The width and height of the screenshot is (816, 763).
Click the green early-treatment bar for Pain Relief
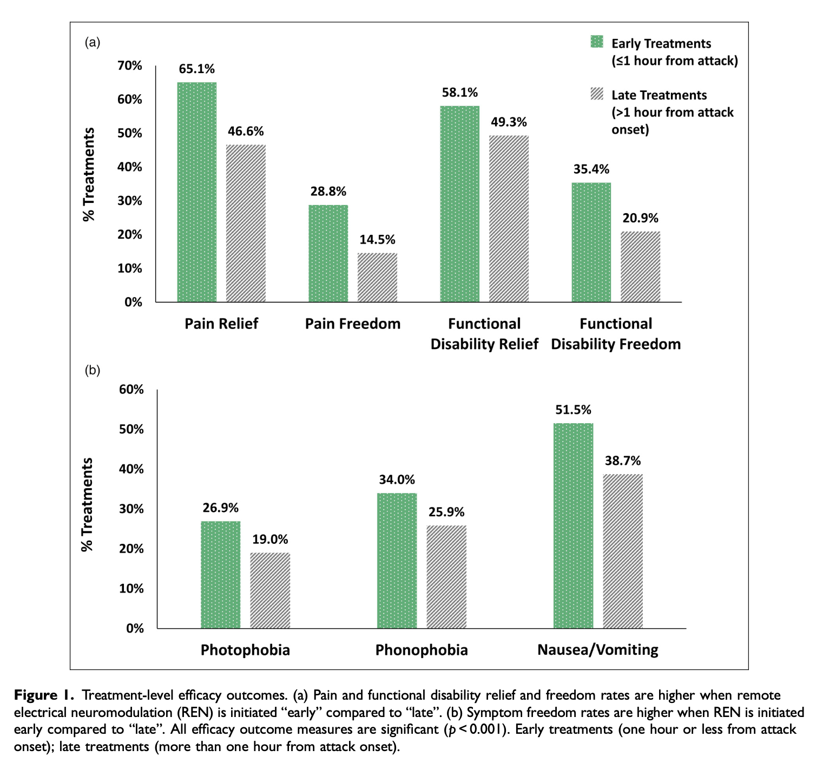click(197, 192)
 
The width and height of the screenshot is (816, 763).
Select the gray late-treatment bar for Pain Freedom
click(377, 277)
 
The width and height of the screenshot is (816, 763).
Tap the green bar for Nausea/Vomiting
click(573, 525)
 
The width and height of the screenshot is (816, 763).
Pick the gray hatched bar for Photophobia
click(270, 590)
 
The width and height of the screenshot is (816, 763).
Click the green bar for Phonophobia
click(397, 561)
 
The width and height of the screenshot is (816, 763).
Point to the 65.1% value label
click(197, 69)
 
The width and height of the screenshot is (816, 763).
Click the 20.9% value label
click(640, 218)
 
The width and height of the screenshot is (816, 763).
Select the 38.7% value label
click(623, 461)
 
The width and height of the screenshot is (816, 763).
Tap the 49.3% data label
click(509, 122)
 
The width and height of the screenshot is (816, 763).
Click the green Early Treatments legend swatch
click(597, 42)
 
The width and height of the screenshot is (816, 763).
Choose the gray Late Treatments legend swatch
click(597, 94)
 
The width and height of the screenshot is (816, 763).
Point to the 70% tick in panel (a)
click(130, 65)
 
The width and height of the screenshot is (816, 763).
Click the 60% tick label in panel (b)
click(131, 390)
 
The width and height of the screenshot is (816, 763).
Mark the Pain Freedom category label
click(353, 324)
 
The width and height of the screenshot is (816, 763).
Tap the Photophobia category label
click(245, 649)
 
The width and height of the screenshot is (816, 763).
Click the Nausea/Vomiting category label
click(598, 649)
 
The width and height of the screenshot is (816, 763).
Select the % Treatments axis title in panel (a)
click(89, 174)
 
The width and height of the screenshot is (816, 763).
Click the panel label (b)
click(93, 370)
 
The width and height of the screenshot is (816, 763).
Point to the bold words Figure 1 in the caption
click(44, 695)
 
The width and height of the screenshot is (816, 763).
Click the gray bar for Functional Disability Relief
click(509, 219)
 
